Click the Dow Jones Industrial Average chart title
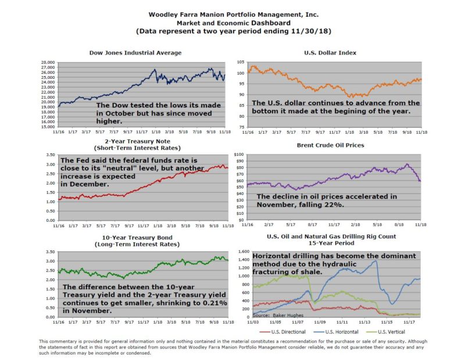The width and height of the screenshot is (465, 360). click(135, 53)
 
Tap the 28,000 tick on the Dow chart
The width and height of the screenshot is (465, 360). click(48, 62)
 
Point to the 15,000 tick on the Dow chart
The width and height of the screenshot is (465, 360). click(48, 126)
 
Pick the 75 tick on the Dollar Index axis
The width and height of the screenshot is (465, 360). click(241, 126)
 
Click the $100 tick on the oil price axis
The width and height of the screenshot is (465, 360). click(238, 154)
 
